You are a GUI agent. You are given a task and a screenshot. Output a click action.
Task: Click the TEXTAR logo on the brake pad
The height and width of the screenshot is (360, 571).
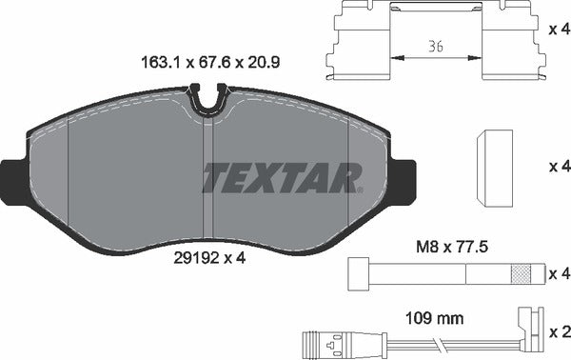click(283, 176)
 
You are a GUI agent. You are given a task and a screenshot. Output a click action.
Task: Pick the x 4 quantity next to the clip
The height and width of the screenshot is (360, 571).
click(559, 30)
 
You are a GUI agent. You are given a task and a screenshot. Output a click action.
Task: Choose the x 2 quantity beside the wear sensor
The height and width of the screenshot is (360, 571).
click(559, 332)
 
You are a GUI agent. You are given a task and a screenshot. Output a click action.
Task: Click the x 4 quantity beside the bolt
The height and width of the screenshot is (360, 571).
click(559, 274)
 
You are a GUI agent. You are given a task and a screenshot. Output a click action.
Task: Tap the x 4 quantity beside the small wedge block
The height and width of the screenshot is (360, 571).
click(559, 166)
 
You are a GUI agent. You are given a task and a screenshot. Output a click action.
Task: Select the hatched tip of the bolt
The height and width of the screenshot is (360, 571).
click(521, 274)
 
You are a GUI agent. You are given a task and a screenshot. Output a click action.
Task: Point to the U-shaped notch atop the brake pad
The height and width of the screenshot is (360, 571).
click(207, 100)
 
